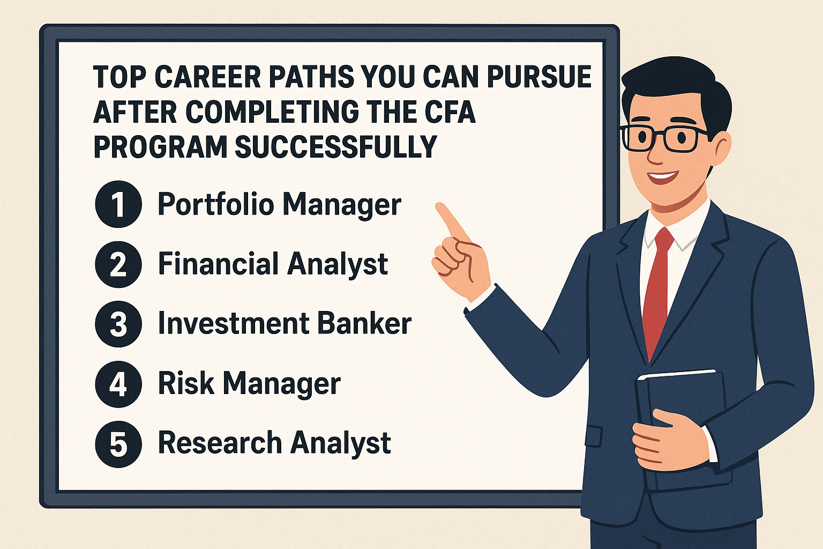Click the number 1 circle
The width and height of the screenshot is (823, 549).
click(118, 204)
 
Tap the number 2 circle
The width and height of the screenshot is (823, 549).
click(118, 264)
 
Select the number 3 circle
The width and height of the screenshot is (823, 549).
click(118, 324)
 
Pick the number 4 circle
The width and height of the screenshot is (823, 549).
click(118, 384)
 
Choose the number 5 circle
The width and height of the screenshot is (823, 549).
click(118, 444)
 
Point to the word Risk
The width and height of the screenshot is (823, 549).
click(186, 383)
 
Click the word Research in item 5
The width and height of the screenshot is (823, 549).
click(220, 443)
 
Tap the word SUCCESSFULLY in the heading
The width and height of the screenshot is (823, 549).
click(336, 147)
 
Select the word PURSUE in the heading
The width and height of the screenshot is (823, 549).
click(539, 77)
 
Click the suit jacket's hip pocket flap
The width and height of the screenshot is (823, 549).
click(594, 436)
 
